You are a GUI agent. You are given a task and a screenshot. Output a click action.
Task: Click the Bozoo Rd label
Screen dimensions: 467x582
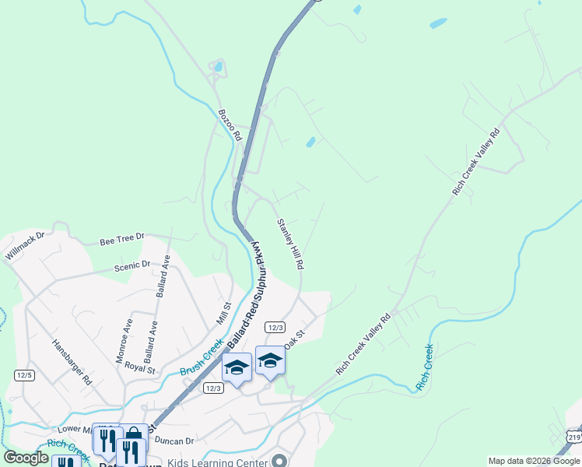(231, 125)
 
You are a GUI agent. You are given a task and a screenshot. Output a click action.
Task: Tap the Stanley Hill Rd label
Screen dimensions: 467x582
(289, 244)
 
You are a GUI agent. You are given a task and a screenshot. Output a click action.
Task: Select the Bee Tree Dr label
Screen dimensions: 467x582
(122, 237)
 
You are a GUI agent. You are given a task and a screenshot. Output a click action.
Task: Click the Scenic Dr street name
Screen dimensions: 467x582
(132, 266)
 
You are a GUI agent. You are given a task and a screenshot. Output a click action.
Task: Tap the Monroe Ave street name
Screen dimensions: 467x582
(125, 337)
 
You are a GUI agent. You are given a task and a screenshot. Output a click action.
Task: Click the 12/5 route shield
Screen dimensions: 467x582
(24, 375)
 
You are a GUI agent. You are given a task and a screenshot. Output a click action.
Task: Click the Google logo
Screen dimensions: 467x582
(26, 458)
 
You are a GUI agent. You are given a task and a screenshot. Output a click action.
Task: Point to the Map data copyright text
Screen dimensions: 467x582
(534, 461)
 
